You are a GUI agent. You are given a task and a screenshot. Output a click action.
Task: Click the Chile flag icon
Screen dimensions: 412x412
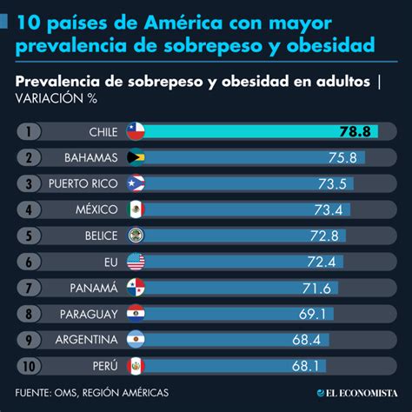pyautogui.click(x=135, y=131)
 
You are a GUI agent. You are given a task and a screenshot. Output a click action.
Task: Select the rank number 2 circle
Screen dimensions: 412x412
pyautogui.click(x=30, y=157)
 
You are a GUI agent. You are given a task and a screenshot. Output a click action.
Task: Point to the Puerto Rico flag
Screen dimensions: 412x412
pyautogui.click(x=135, y=183)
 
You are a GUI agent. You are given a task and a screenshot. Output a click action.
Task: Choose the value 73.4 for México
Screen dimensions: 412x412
pyautogui.click(x=329, y=209)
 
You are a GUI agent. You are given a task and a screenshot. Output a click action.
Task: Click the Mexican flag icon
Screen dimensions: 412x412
pyautogui.click(x=135, y=209)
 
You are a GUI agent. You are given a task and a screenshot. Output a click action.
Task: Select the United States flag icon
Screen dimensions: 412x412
pyautogui.click(x=135, y=261)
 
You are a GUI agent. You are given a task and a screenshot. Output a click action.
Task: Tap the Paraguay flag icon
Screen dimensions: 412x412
pyautogui.click(x=135, y=312)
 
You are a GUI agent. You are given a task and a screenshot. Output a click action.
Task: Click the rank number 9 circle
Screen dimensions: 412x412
pyautogui.click(x=30, y=338)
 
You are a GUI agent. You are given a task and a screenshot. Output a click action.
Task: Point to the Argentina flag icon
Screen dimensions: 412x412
pyautogui.click(x=135, y=338)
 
